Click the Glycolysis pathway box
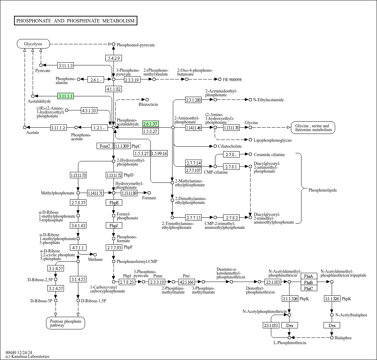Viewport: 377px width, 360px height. click(x=33, y=44)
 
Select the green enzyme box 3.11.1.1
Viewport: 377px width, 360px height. click(x=65, y=96)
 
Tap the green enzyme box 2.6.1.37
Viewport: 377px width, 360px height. click(x=150, y=124)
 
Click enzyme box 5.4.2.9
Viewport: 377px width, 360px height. click(x=114, y=58)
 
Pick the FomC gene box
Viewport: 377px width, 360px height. click(x=105, y=146)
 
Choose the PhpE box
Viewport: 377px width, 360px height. click(x=114, y=202)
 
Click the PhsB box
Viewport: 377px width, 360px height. click(x=309, y=282)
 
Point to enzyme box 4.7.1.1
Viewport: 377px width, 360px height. click(x=78, y=247)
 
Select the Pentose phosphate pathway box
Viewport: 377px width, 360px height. click(x=65, y=323)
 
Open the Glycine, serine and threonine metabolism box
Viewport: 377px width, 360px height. click(x=313, y=128)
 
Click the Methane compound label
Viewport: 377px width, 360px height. click(x=95, y=259)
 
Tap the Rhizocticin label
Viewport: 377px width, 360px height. click(x=148, y=104)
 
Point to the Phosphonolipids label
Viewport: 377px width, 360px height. click(x=323, y=190)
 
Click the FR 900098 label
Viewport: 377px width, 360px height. click(x=232, y=80)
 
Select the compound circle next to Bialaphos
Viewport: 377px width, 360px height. click(x=332, y=337)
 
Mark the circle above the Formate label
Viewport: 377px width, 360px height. click(x=149, y=193)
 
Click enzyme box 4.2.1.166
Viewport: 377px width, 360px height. click(x=187, y=282)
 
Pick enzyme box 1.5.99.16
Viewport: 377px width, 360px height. click(x=160, y=153)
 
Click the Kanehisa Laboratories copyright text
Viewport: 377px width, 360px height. click(x=27, y=356)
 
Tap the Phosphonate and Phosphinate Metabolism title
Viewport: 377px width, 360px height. click(x=76, y=21)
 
